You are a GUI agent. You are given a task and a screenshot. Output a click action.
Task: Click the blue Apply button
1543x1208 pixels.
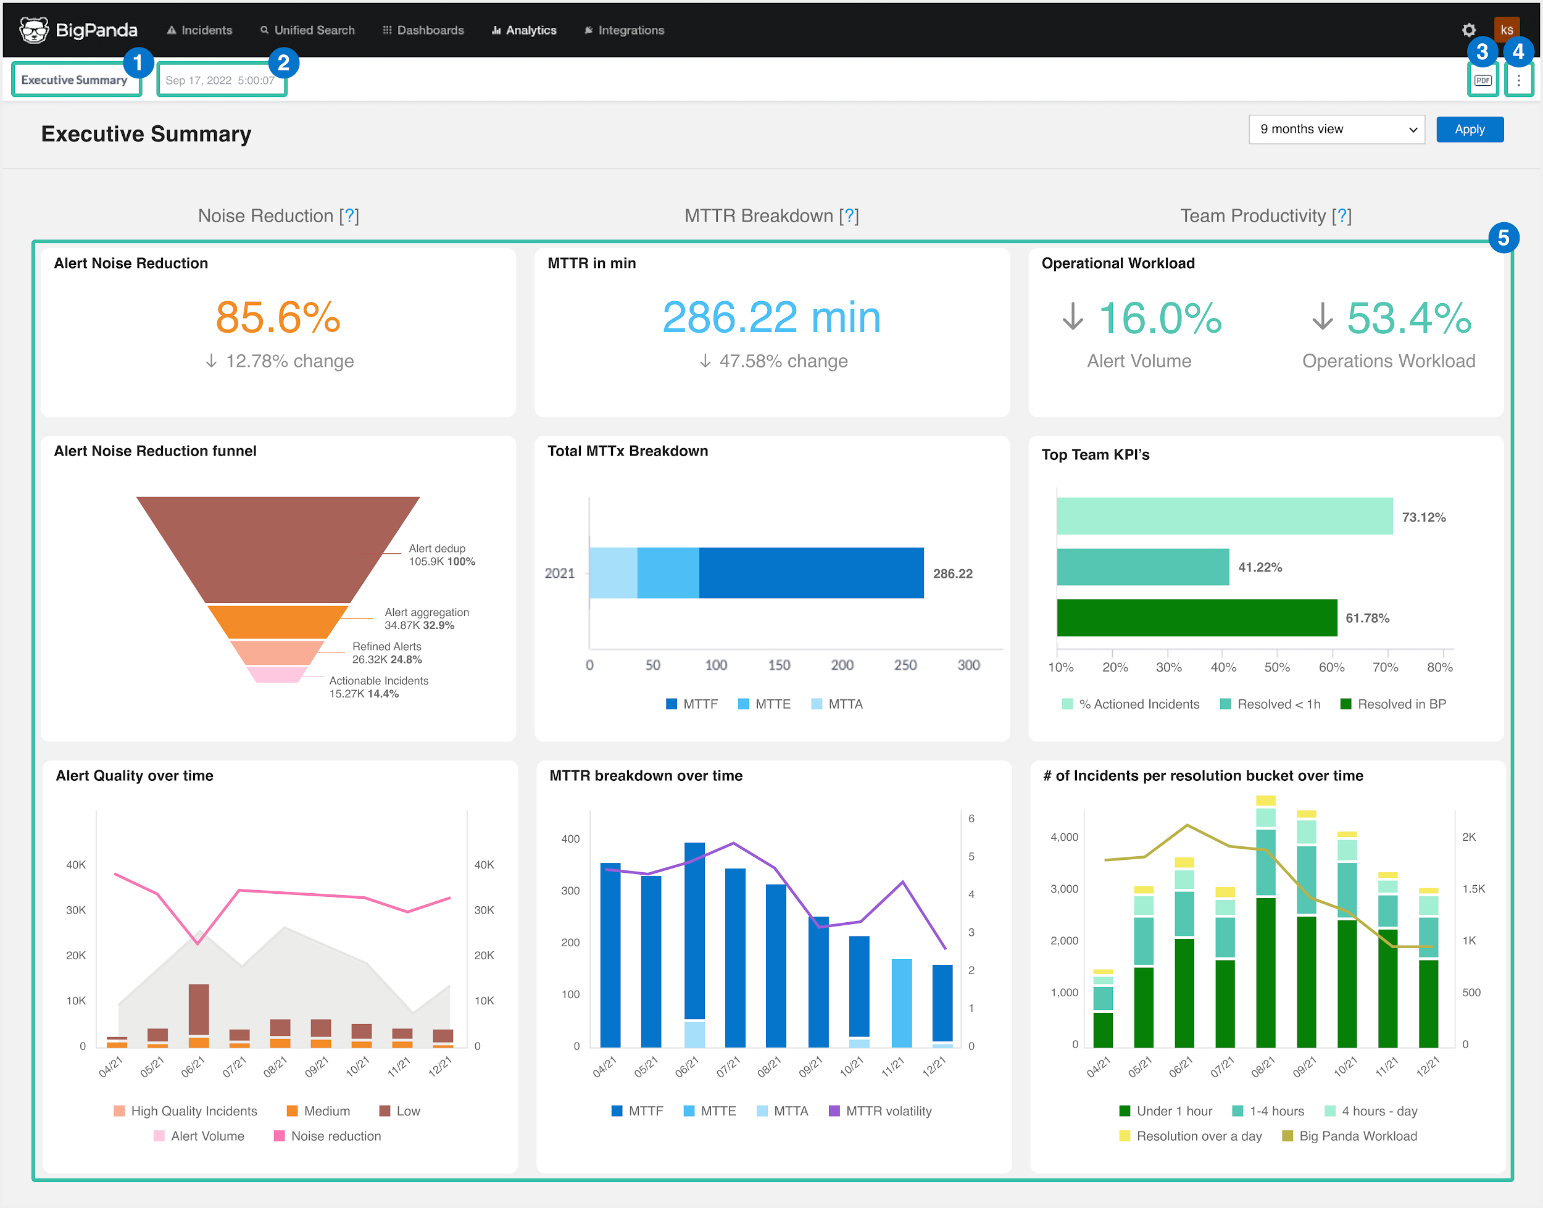coord(1469,130)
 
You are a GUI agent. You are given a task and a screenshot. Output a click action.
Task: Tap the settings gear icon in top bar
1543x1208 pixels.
coord(1468,30)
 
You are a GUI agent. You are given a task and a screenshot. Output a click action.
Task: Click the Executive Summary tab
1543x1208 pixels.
coord(74,80)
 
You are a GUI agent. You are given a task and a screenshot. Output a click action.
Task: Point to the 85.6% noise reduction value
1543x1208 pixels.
coord(278,317)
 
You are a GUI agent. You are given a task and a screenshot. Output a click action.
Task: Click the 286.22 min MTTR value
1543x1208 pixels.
coord(771,317)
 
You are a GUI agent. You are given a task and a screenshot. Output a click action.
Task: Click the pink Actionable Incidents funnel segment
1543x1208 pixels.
coord(277,675)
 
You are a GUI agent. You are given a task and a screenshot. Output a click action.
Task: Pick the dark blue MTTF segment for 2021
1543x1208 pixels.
coord(810,573)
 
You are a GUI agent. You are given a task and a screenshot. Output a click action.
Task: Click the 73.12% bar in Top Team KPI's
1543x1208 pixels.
coord(1223,516)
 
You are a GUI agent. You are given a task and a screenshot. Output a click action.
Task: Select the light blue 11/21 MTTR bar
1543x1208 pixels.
coord(901,1002)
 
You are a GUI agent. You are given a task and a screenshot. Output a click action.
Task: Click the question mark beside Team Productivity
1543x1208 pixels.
coord(1341,215)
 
